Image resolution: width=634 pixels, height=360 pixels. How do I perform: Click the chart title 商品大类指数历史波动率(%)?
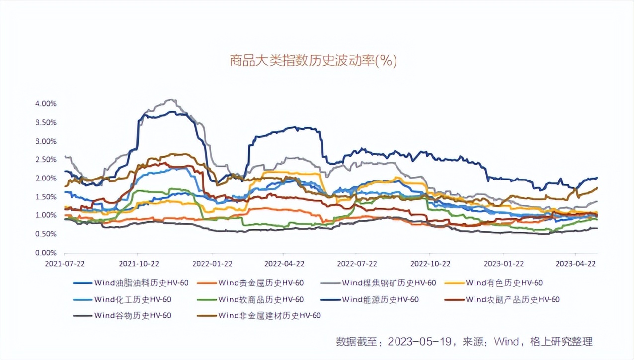tap(313, 61)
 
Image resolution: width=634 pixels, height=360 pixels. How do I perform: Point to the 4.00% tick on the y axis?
tap(46, 104)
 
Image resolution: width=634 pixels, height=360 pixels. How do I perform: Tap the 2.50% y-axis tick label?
tap(46, 160)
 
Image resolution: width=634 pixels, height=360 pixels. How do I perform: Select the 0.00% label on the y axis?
tap(46, 253)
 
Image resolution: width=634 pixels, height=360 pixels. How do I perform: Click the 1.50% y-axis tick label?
tap(46, 197)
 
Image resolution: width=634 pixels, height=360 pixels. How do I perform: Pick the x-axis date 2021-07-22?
tap(64, 263)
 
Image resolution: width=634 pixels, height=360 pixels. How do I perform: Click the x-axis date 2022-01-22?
tap(212, 263)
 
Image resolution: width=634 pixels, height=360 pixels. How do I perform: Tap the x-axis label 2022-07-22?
tap(357, 263)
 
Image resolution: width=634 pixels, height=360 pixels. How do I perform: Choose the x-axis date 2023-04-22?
tap(575, 263)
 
